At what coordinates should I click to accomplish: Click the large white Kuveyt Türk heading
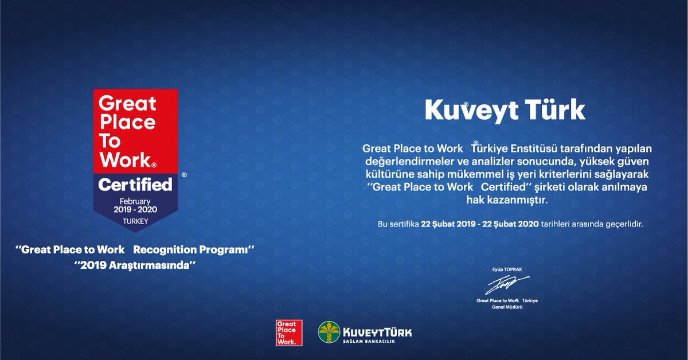pyautogui.click(x=505, y=111)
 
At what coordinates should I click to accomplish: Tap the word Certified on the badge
pyautogui.click(x=135, y=185)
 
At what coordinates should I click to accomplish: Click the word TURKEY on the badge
pyautogui.click(x=135, y=221)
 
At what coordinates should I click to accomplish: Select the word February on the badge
pyautogui.click(x=135, y=202)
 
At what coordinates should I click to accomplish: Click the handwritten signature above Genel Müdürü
pyautogui.click(x=506, y=284)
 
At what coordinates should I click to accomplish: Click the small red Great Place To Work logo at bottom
pyautogui.click(x=289, y=333)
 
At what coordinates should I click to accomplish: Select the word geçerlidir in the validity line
pyautogui.click(x=623, y=224)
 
